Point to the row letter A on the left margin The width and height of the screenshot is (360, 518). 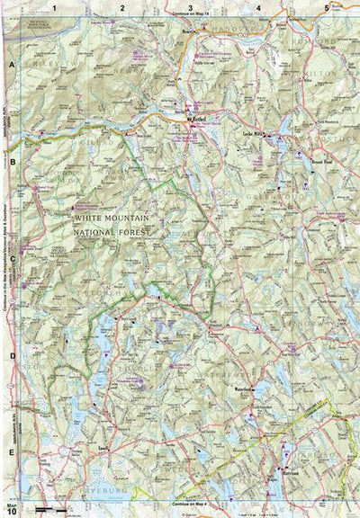[12, 66]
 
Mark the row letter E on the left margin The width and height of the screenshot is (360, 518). [12, 451]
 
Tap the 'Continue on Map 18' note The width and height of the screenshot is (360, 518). [192, 15]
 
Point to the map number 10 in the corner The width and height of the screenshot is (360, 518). [11, 511]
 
